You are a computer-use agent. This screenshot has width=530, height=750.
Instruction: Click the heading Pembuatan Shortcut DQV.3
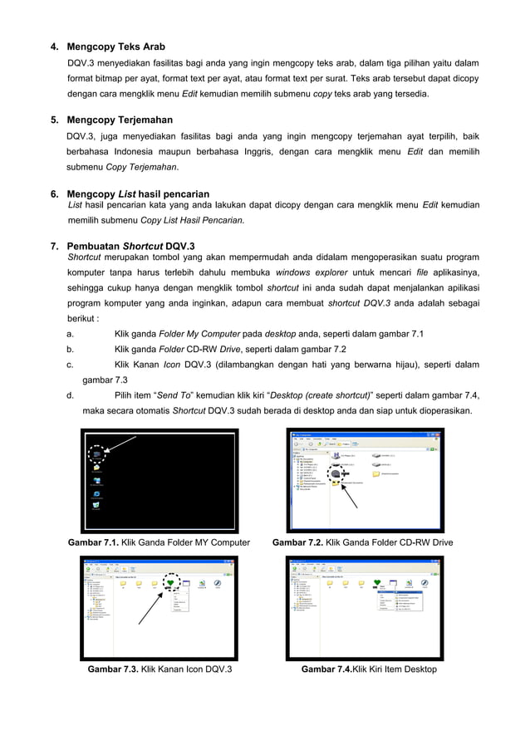point(130,246)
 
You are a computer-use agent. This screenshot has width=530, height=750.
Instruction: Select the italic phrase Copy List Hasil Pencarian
point(193,220)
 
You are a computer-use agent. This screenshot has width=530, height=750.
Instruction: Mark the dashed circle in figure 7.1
point(97,454)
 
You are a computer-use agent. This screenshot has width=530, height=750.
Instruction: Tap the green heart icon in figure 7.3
point(171,584)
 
